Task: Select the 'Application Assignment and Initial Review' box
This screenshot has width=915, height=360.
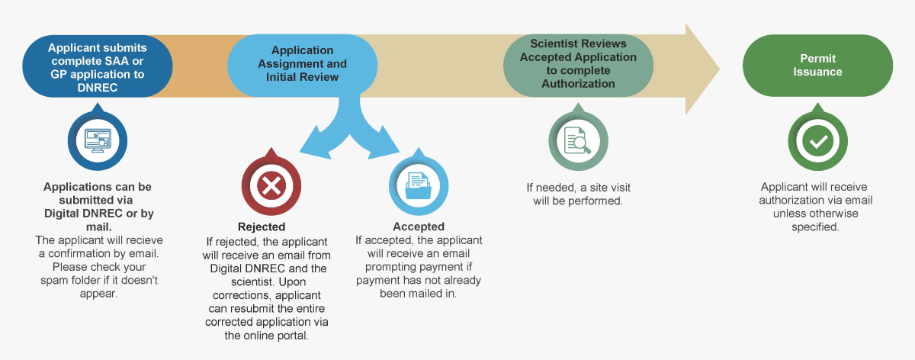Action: (x=303, y=65)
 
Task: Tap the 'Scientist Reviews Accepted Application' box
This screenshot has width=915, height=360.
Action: (x=578, y=65)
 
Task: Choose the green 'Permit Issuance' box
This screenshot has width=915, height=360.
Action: (x=817, y=65)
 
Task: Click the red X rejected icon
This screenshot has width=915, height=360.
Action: (x=272, y=185)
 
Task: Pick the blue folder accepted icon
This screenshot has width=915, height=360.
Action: (x=419, y=185)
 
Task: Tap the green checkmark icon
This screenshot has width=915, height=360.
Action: (x=818, y=141)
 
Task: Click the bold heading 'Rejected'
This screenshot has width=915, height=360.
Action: (x=262, y=227)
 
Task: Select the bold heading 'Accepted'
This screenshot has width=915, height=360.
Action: (x=419, y=227)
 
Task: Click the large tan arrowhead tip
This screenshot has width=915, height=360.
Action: (x=705, y=69)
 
